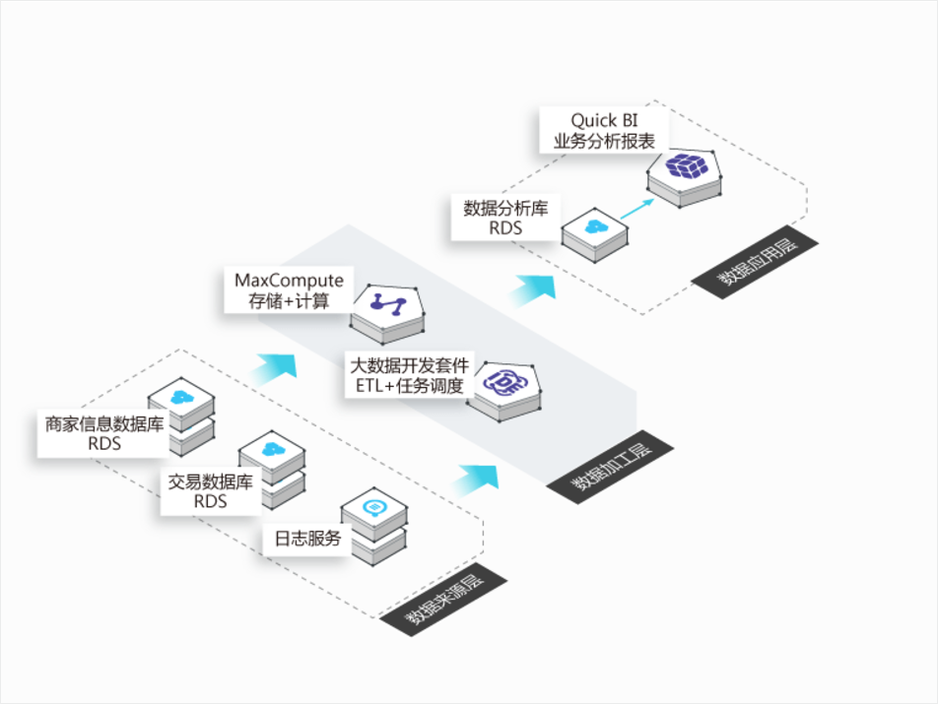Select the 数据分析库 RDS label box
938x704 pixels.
505,218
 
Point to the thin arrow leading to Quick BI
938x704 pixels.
638,209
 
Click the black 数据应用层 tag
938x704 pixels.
748,261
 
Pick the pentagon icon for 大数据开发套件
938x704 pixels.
504,386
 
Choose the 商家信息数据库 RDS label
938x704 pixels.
104,434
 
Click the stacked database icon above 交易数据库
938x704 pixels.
272,463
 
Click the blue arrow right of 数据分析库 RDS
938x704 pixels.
532,288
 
